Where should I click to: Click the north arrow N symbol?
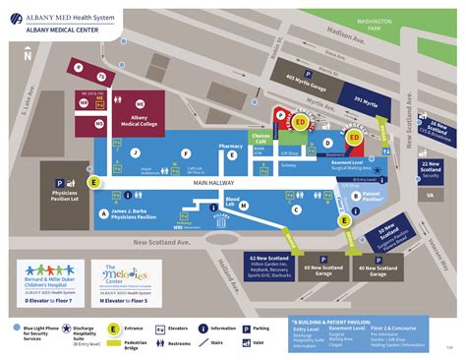point(29,54)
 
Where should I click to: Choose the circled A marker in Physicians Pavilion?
point(102,212)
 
